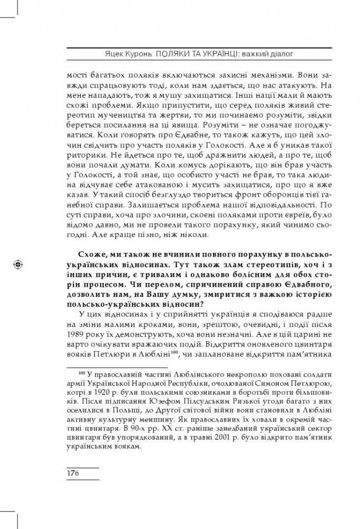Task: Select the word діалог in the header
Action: click(x=282, y=53)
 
